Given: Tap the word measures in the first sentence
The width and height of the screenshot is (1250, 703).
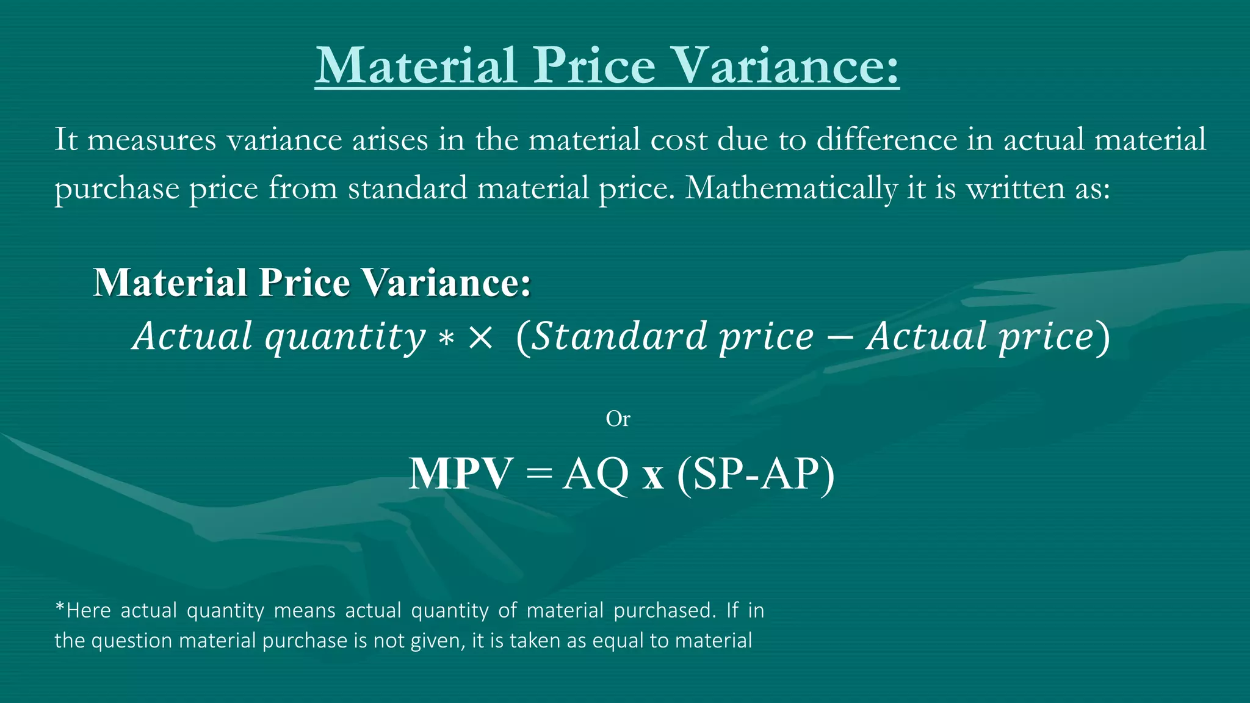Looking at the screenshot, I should click(x=152, y=139).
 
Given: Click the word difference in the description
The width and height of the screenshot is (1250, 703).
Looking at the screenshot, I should click(x=887, y=139).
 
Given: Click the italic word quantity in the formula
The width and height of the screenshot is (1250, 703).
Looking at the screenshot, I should click(x=345, y=337).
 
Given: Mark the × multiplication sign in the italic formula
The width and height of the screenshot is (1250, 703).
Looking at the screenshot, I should click(x=480, y=337).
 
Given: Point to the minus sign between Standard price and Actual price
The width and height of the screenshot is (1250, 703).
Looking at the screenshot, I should click(x=840, y=337).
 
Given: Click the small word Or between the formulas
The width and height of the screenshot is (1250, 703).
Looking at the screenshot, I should click(x=618, y=419).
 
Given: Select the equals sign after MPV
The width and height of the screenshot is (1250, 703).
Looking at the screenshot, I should click(x=537, y=474).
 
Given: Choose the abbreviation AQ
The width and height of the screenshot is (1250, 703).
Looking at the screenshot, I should click(x=596, y=474).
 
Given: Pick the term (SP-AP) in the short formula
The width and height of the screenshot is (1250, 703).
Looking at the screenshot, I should click(x=756, y=474).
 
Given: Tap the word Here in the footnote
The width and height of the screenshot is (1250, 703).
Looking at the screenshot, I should click(x=88, y=610).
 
